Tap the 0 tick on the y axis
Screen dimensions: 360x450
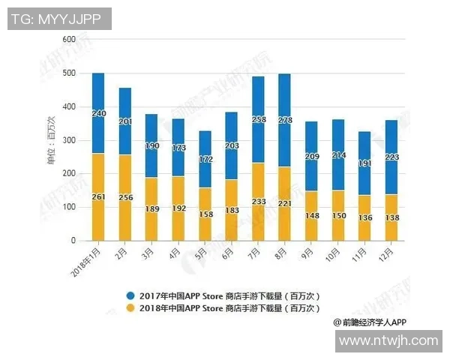point(73,241)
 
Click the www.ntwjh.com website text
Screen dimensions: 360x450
point(388,340)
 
